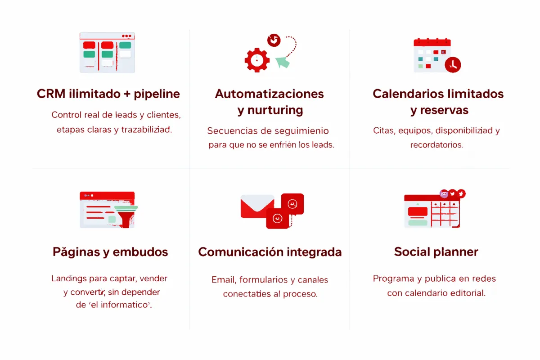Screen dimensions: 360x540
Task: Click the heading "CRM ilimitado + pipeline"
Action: (x=108, y=94)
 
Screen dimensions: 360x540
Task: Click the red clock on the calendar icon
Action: (x=453, y=64)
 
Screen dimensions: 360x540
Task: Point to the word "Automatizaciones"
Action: (x=269, y=94)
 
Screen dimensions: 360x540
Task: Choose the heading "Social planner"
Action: (x=436, y=252)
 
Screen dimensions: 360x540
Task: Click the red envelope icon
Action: (x=257, y=206)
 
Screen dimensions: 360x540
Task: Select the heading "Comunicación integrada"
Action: (x=270, y=252)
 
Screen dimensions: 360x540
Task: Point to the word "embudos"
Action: (x=140, y=252)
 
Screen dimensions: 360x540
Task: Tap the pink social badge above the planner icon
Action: (x=444, y=193)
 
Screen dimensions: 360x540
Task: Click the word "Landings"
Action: (x=69, y=279)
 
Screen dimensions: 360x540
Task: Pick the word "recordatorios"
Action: (x=436, y=145)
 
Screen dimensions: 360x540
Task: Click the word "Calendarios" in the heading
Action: (x=407, y=94)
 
